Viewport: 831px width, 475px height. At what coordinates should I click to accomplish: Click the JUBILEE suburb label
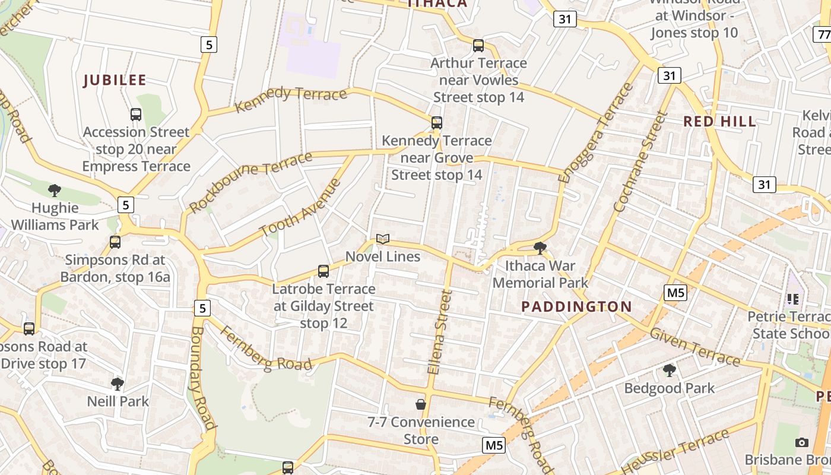[115, 80]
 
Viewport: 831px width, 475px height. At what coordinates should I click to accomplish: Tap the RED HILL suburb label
[719, 122]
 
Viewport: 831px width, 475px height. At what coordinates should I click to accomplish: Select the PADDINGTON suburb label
[576, 306]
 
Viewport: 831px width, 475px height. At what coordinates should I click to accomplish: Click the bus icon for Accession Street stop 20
[136, 114]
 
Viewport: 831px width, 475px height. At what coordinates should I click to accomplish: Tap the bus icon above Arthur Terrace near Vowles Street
[478, 46]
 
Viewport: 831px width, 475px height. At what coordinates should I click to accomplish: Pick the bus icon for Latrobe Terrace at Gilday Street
[323, 271]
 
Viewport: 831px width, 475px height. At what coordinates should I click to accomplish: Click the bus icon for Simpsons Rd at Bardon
[115, 242]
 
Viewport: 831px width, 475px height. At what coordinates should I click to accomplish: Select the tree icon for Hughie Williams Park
[55, 191]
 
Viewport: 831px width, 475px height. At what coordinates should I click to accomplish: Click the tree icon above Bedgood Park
[670, 371]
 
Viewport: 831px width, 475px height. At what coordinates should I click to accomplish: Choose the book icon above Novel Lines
[383, 239]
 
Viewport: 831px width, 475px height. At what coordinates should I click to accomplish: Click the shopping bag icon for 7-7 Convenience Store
[421, 405]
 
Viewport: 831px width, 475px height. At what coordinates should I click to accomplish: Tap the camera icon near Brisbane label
[802, 443]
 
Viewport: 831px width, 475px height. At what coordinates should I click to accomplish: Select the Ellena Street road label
[440, 332]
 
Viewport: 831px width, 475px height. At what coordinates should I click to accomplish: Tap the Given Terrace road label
[694, 347]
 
